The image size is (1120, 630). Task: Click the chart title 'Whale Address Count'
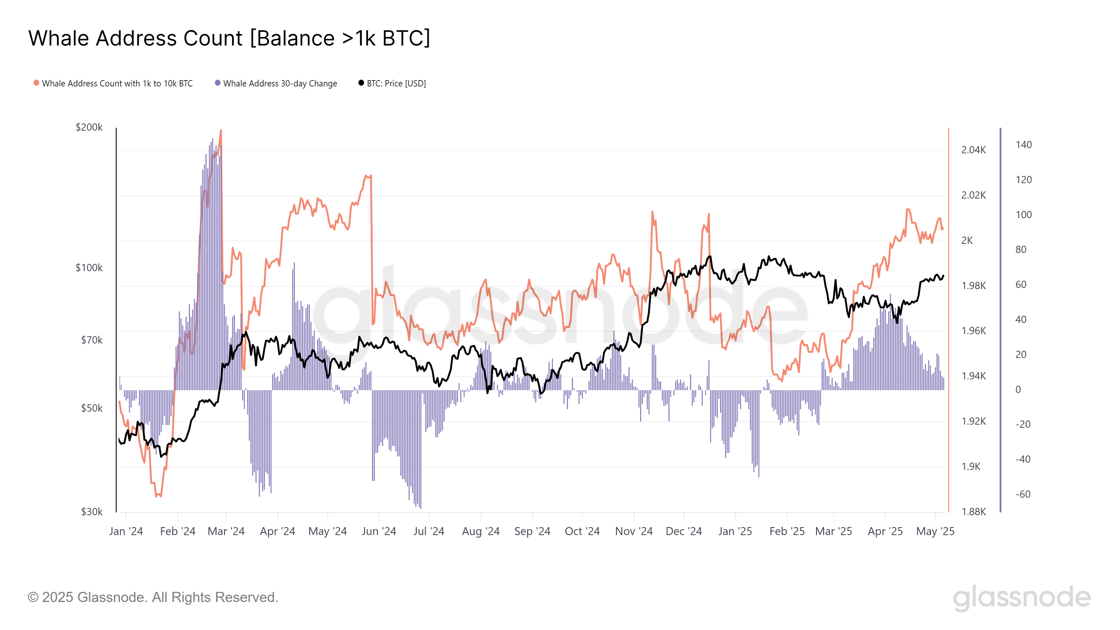point(229,38)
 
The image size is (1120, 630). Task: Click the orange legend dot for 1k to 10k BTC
point(36,83)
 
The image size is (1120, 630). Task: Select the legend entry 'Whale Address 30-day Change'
point(280,84)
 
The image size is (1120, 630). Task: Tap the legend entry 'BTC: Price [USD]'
point(395,84)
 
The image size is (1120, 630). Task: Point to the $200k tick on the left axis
point(89,127)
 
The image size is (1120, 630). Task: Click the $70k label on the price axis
point(92,340)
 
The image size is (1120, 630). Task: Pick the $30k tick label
point(92,512)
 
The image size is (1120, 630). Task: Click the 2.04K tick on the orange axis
point(973,150)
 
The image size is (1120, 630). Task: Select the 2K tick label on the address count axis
point(967,240)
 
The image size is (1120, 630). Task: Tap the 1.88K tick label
point(973,512)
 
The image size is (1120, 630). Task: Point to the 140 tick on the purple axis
point(1023,145)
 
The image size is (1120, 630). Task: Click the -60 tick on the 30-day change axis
point(1023,494)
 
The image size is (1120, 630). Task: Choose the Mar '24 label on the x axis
point(226,531)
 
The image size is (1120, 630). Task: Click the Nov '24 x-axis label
point(633,531)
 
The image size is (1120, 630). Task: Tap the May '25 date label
point(935,531)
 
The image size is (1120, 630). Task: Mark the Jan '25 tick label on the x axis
point(735,531)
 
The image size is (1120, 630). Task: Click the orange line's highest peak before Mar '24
point(221,131)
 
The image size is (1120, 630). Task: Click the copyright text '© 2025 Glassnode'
point(153,597)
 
